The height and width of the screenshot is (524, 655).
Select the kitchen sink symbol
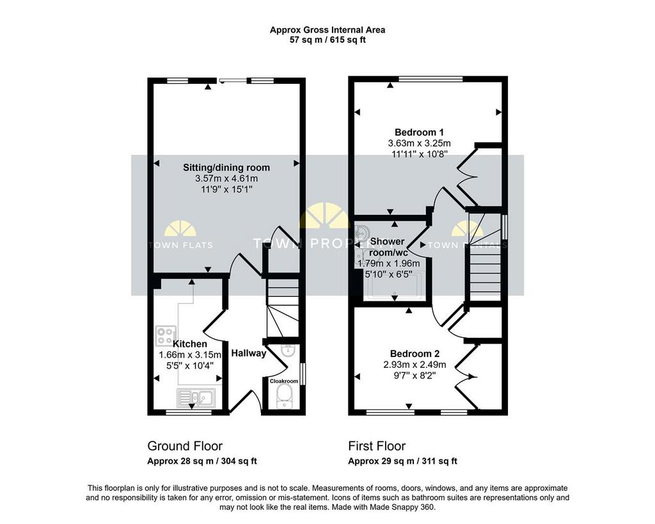point(198,399)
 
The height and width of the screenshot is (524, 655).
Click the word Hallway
point(248,353)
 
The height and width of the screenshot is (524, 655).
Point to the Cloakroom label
point(284,381)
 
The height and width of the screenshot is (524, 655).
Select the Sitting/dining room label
point(226,168)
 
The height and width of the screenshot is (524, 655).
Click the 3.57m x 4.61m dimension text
point(226,179)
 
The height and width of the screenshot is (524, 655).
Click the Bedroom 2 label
point(414,354)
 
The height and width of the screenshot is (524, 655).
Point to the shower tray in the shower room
point(394,285)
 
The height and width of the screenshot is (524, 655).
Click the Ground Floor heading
point(185,446)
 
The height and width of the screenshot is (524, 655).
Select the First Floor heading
point(377,446)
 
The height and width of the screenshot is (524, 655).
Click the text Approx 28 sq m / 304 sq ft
point(202,461)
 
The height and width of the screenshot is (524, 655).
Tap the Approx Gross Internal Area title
point(327,29)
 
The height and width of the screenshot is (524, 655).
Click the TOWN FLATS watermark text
point(180,245)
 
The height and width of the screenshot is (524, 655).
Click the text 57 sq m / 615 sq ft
point(327,40)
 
